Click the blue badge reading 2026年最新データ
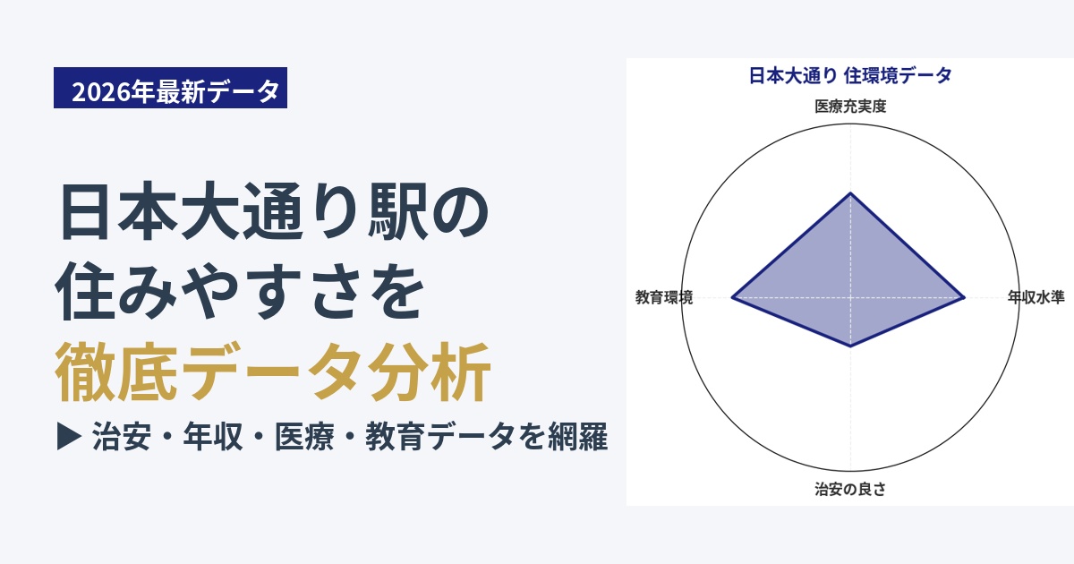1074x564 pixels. [x=170, y=88]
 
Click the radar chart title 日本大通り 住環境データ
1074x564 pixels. [x=850, y=76]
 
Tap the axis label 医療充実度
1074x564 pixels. [x=850, y=106]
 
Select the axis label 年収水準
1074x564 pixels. [x=1036, y=297]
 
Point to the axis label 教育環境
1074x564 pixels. [x=664, y=297]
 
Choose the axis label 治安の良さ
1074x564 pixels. [x=850, y=489]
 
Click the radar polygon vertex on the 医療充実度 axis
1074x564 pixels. [x=850, y=192]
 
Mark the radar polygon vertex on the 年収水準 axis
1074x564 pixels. [x=964, y=298]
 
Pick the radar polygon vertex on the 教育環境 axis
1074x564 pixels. [x=732, y=298]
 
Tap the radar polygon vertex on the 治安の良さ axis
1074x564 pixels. [x=850, y=346]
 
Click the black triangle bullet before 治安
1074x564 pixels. [x=69, y=437]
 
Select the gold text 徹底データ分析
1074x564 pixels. [x=273, y=372]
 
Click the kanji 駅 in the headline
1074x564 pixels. [x=397, y=211]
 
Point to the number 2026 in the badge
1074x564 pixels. [x=101, y=91]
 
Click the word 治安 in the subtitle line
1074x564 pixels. [x=122, y=437]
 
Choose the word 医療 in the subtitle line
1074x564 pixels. [x=304, y=437]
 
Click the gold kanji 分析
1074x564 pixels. [x=430, y=372]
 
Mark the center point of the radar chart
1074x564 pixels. [x=850, y=298]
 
